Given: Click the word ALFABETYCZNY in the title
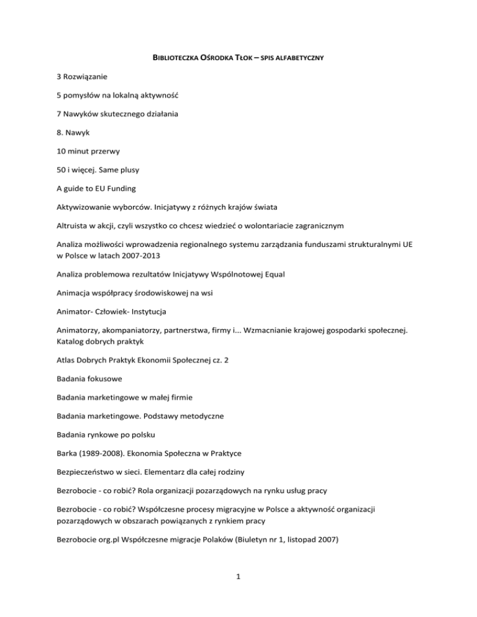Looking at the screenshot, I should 301,58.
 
